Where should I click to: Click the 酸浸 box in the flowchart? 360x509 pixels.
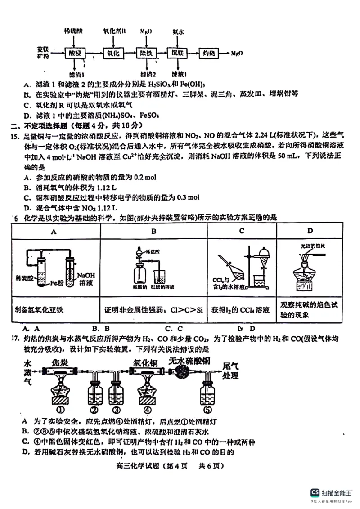(x=75, y=54)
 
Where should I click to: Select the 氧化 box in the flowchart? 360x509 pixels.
(x=112, y=54)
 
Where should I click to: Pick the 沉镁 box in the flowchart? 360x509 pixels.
(x=177, y=54)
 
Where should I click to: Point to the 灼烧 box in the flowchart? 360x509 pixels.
(x=209, y=54)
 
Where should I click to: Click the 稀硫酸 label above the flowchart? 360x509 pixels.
(x=73, y=31)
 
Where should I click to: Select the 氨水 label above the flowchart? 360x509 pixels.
(x=178, y=32)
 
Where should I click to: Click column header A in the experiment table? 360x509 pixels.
(x=54, y=232)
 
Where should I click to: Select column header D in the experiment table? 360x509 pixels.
(x=310, y=232)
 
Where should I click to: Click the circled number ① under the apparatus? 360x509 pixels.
(x=59, y=410)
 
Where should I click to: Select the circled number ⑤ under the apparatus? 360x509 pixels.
(x=207, y=410)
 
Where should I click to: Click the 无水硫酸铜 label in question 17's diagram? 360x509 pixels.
(x=189, y=361)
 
